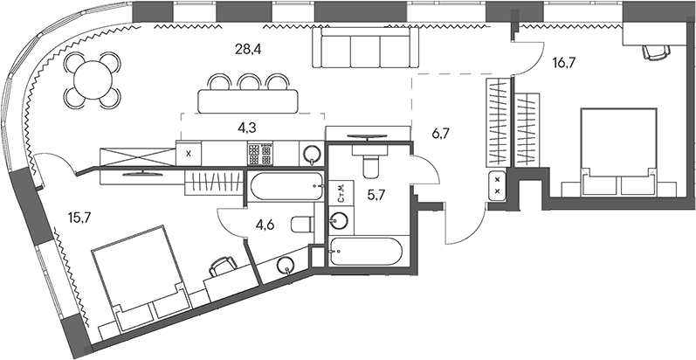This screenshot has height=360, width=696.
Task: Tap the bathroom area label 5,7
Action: [x=376, y=196]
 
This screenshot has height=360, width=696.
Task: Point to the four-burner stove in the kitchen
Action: [x=259, y=154]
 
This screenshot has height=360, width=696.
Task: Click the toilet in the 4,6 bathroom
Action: [x=299, y=225]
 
